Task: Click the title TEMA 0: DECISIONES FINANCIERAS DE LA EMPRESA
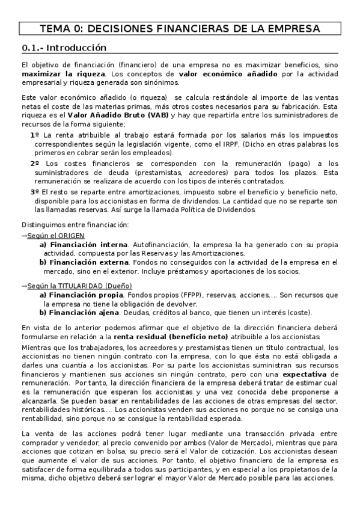click(x=180, y=29)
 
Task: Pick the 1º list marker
click(x=34, y=135)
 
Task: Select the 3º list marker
click(x=34, y=191)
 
